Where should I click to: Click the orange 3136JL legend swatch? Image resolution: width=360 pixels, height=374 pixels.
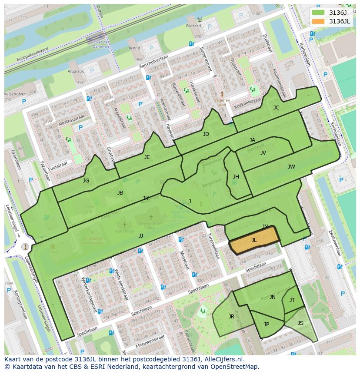(318, 21)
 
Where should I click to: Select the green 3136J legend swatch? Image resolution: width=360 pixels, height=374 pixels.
(318, 13)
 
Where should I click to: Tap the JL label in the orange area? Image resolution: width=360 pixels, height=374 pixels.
(254, 240)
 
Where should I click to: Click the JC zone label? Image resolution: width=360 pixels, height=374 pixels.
(276, 108)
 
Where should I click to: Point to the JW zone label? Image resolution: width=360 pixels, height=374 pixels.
(291, 167)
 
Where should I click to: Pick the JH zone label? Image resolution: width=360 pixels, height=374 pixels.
(236, 177)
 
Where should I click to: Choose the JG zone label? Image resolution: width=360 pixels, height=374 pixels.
(86, 181)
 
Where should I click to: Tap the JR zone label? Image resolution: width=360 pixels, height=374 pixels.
(231, 317)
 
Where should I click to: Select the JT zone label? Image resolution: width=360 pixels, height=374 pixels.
(292, 300)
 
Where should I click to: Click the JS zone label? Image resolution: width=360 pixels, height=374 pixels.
(300, 323)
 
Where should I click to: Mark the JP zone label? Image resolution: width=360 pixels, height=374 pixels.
(267, 324)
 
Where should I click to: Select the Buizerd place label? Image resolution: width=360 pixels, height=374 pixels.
(194, 26)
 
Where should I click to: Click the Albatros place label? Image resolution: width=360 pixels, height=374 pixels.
(76, 71)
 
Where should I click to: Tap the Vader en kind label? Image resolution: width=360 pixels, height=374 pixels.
(222, 102)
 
